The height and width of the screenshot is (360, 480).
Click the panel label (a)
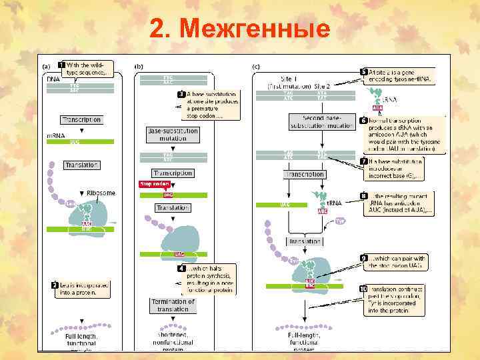[46, 67]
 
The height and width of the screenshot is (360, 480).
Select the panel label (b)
[139, 67]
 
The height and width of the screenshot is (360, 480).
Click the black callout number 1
[62, 65]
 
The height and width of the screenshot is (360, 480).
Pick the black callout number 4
[181, 268]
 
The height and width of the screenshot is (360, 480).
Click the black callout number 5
[364, 72]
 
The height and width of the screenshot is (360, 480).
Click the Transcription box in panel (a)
[81, 120]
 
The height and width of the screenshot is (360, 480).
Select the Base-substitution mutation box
[172, 134]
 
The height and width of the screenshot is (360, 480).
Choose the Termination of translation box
[173, 305]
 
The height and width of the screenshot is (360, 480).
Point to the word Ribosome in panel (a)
[101, 193]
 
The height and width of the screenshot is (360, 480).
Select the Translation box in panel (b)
[173, 208]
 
